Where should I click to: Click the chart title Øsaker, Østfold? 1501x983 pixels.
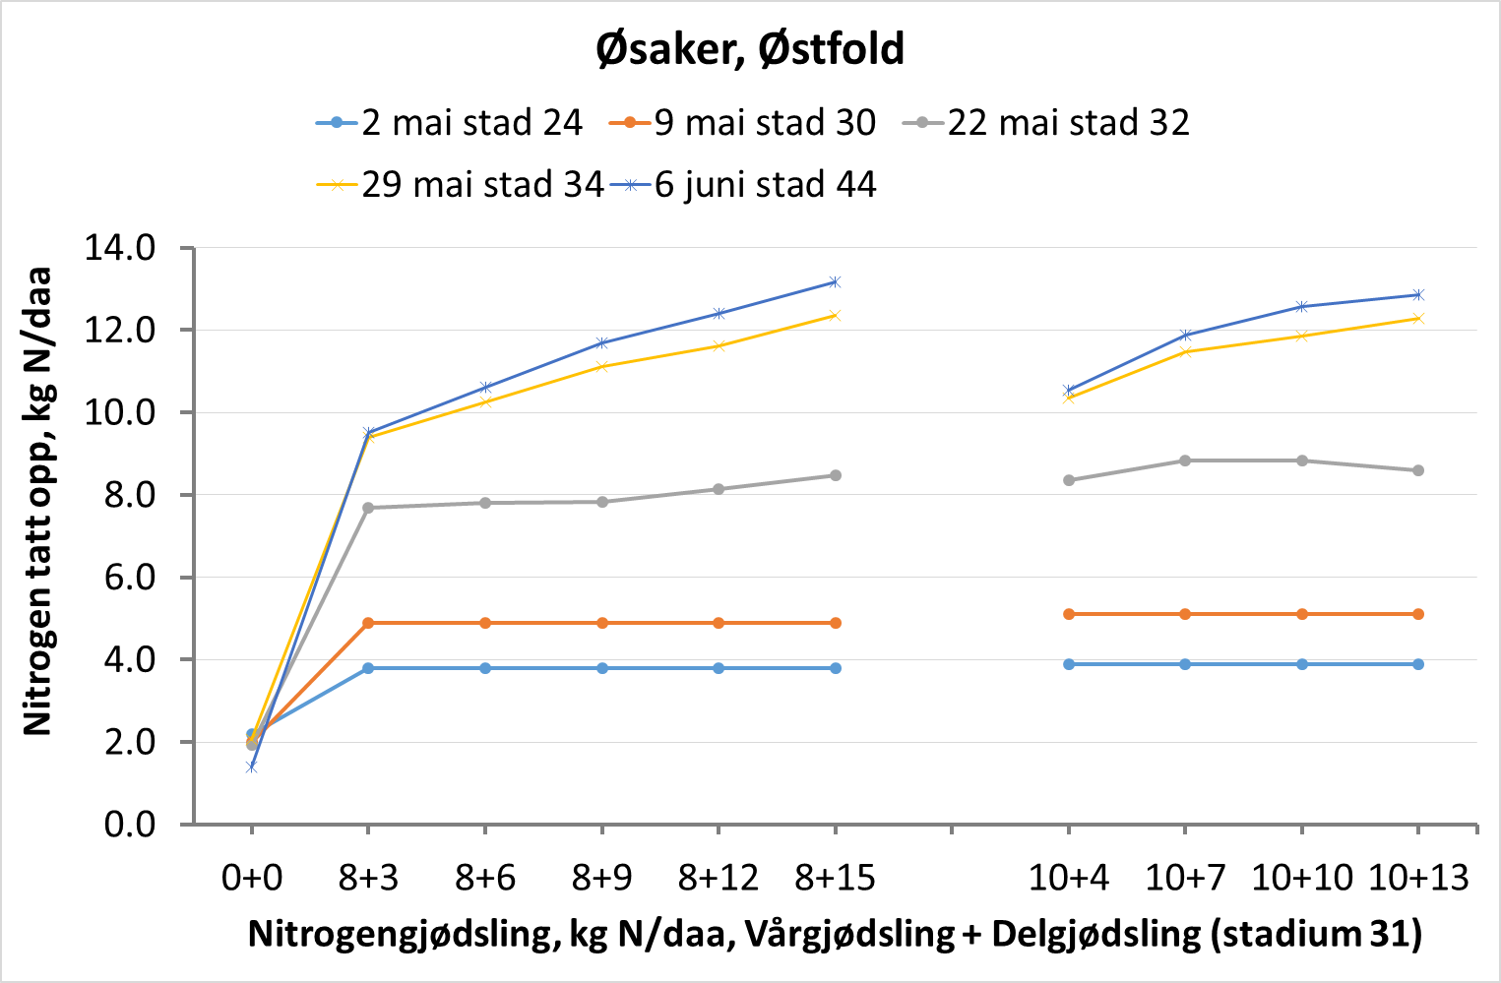750,49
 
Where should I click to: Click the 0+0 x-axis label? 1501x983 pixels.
251,877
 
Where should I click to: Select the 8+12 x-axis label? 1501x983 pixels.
719,877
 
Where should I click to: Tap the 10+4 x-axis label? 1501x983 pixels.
1068,877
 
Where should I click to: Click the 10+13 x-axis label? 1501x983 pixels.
1418,877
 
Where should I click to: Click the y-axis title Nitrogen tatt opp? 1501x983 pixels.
37,502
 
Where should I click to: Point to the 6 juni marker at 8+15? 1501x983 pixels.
835,282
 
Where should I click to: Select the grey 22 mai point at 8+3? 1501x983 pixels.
368,508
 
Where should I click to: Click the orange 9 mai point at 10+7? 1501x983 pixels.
1185,614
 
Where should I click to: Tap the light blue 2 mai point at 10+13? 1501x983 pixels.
1418,664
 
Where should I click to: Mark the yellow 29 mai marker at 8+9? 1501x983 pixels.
601,367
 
